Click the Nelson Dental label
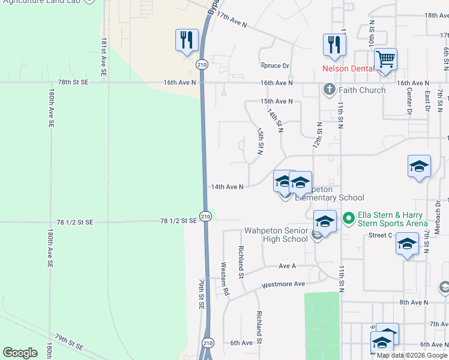348,68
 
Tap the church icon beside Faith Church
328,90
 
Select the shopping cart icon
385,59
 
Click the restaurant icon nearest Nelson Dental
334,44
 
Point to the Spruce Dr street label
275,66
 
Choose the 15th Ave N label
276,101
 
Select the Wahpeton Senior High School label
276,235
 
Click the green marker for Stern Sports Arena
347,218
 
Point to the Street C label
381,235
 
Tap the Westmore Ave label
283,284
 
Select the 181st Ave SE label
104,57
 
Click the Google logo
20,352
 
